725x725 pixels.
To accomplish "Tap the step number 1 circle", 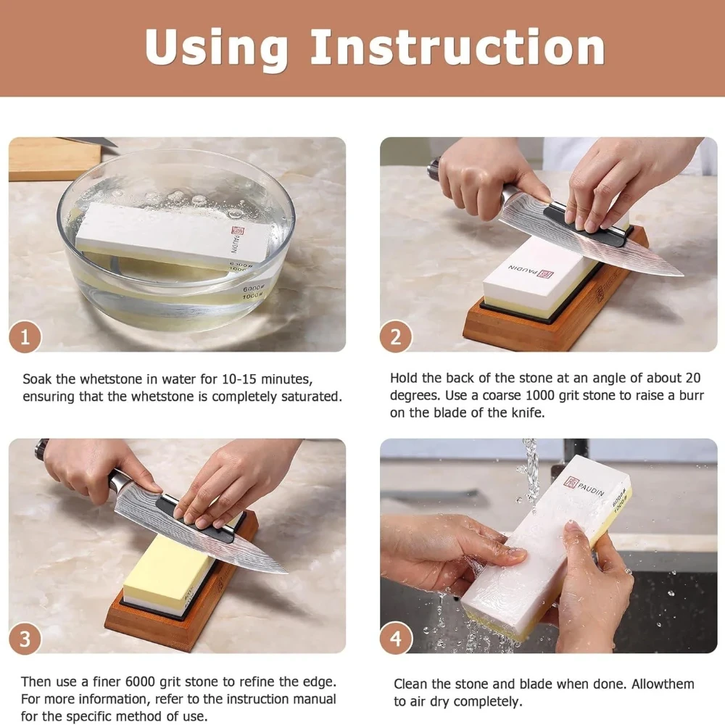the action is [x=25, y=336].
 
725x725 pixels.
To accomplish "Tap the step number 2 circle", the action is [x=396, y=336].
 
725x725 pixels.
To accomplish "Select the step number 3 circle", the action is [x=25, y=639].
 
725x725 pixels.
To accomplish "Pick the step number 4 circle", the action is [x=396, y=639].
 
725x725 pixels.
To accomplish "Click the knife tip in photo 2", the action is [x=681, y=275].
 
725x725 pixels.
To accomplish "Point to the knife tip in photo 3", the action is [x=285, y=572].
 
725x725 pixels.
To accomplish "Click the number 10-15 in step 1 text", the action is [x=239, y=379].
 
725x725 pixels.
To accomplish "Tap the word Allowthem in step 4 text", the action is [x=663, y=684].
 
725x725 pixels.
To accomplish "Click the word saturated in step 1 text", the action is [x=312, y=397].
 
